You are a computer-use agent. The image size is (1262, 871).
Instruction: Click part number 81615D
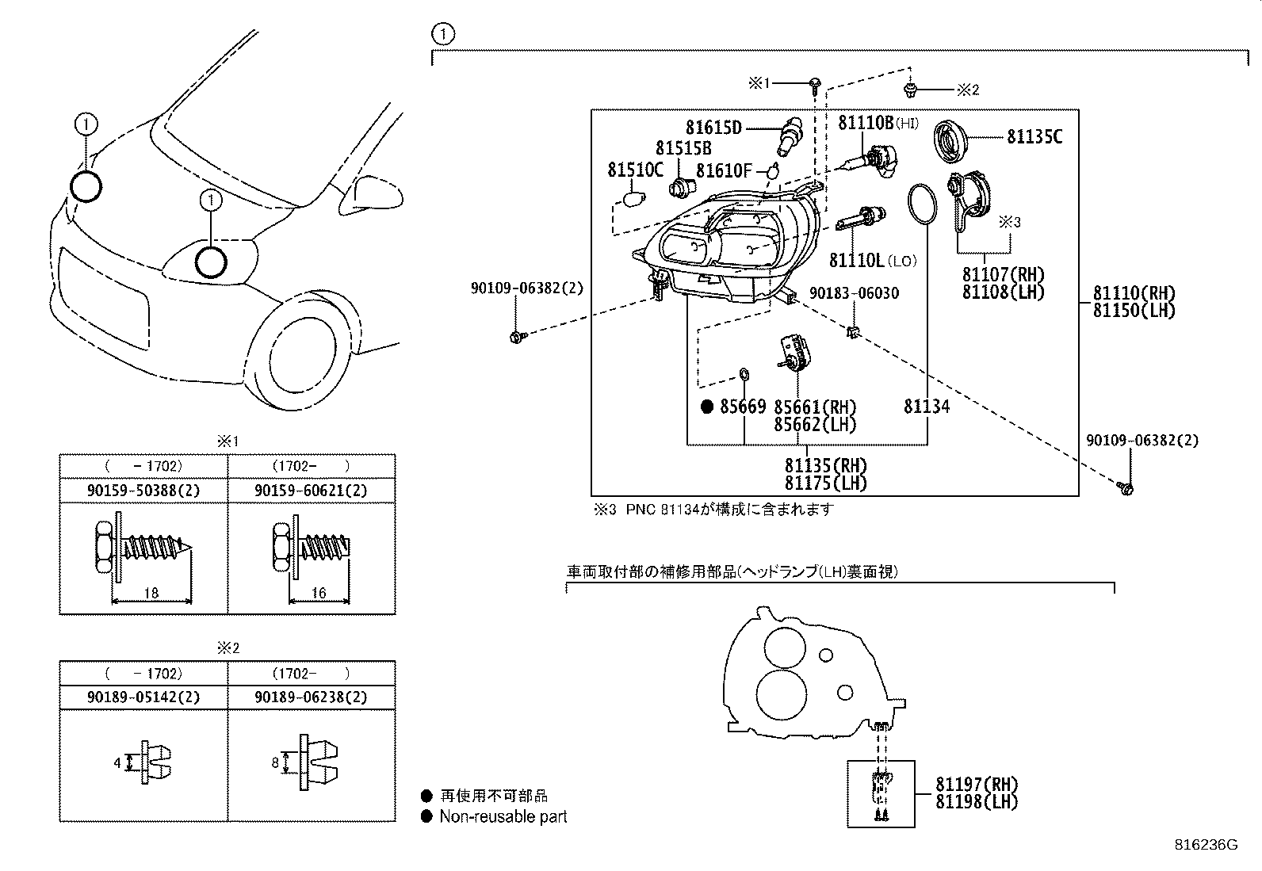pyautogui.click(x=714, y=128)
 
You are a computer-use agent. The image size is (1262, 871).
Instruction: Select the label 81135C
pyautogui.click(x=1034, y=137)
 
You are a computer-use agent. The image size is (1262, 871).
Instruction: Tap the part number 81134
pyautogui.click(x=927, y=407)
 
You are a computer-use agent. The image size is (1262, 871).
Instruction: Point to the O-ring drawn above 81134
pyautogui.click(x=920, y=203)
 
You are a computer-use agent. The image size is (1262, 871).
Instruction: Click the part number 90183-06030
pyautogui.click(x=854, y=293)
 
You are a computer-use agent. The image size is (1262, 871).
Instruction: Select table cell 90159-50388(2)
pyautogui.click(x=143, y=491)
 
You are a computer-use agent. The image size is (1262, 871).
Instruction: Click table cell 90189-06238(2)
pyautogui.click(x=312, y=697)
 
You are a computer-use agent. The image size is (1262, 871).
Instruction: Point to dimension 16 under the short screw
pyautogui.click(x=319, y=593)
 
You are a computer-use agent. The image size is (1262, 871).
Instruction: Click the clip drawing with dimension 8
pyautogui.click(x=319, y=762)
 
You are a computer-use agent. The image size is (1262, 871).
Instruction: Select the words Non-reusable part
pyautogui.click(x=503, y=816)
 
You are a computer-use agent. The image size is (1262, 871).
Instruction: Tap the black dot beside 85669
pyautogui.click(x=708, y=407)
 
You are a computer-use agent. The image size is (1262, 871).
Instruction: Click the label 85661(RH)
pyautogui.click(x=815, y=407)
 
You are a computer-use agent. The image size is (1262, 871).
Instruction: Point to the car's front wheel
pyautogui.click(x=305, y=353)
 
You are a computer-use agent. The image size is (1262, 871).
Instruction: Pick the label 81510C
pyautogui.click(x=635, y=170)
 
